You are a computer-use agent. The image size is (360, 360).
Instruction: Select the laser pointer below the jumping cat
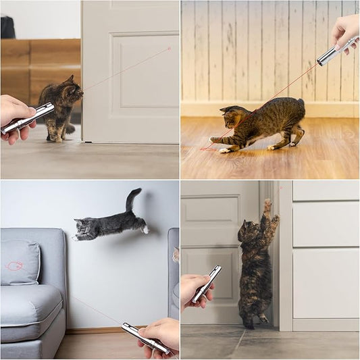[145, 338]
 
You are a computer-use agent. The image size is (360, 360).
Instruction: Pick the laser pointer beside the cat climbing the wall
[206, 284]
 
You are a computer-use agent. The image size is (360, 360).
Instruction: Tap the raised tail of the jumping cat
[133, 199]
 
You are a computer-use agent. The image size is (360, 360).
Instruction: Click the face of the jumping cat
[84, 230]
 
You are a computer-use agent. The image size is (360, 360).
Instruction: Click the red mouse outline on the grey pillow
[15, 265]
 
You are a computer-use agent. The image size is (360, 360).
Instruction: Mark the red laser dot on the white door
[169, 49]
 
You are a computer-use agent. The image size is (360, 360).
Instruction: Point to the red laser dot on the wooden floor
[205, 148]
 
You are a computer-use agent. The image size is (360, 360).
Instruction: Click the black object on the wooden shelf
[7, 27]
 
